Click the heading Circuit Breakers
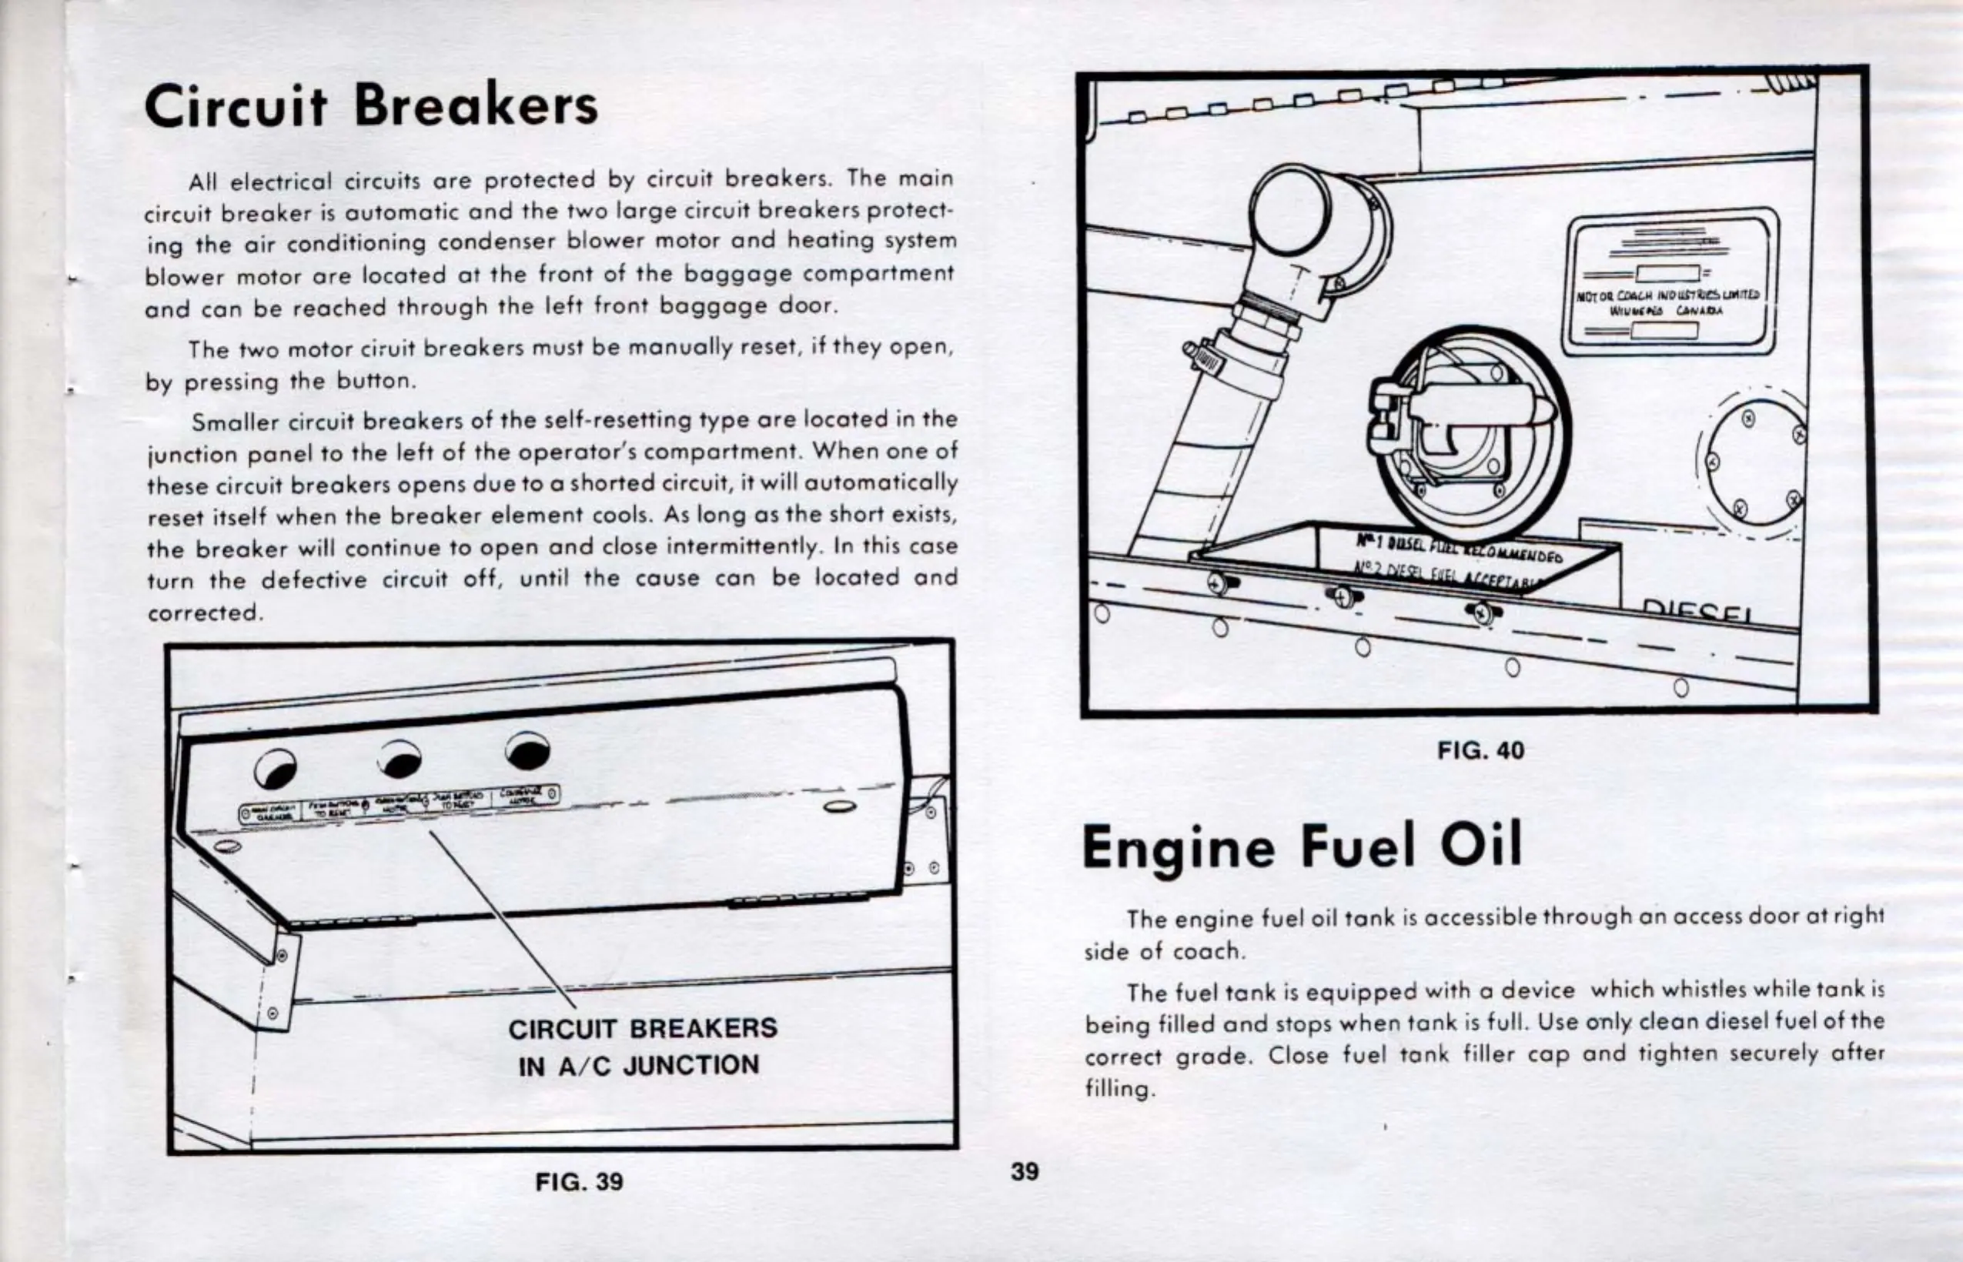coord(370,106)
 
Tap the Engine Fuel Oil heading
coord(1302,846)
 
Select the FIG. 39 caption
coord(579,1182)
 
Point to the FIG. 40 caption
coord(1481,750)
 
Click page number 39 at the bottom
coord(1025,1171)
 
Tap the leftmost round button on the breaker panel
coord(276,769)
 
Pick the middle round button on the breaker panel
coord(401,760)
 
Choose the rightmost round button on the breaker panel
coord(528,750)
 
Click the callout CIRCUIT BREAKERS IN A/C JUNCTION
coord(642,1047)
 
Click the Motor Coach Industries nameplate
coord(1670,281)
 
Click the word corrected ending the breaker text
coord(203,613)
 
